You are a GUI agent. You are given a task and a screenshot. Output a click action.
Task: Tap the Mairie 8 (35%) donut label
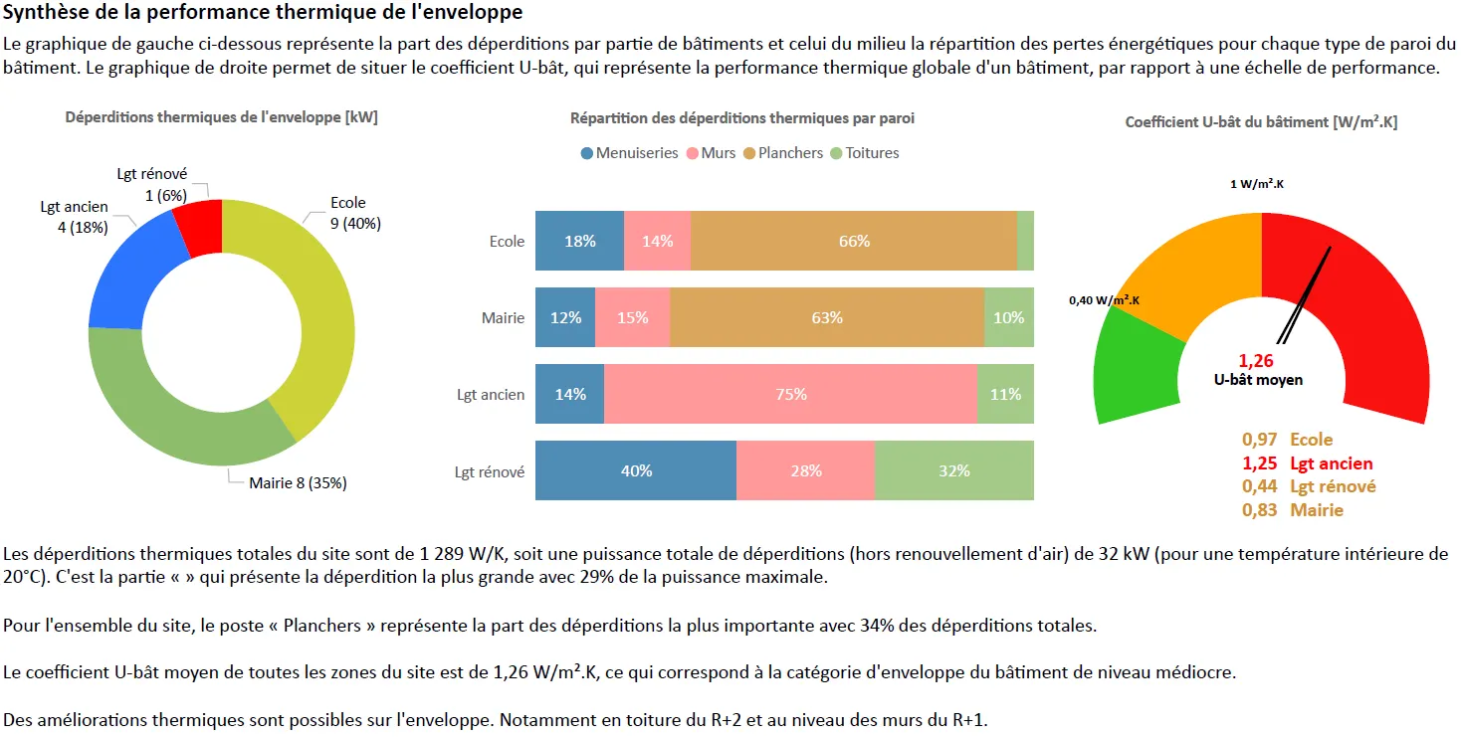[298, 483]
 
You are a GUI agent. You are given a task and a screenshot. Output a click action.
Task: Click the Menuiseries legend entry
[629, 153]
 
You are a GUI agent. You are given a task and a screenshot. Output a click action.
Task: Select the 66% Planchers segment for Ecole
[854, 241]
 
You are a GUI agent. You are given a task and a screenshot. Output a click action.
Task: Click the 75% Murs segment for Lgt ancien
[790, 394]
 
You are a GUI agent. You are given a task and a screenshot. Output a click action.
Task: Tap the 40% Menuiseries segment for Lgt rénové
[636, 470]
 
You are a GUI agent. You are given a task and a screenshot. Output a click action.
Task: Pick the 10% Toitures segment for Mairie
[1008, 317]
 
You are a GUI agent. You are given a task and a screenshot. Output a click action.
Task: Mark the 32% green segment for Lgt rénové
[953, 470]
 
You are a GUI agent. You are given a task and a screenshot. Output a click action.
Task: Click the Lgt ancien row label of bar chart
[491, 395]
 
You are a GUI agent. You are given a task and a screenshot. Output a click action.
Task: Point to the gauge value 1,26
[1256, 361]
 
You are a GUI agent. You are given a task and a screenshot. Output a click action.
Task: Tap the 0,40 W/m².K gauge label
[1104, 299]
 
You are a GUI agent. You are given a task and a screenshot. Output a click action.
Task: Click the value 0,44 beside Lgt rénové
[1259, 486]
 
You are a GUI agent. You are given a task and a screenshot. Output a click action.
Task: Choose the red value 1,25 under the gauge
[1259, 463]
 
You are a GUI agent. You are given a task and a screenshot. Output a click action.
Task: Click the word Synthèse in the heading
[44, 13]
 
